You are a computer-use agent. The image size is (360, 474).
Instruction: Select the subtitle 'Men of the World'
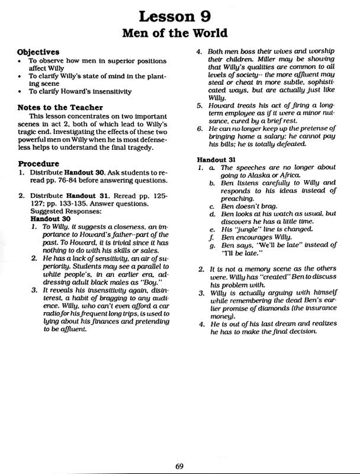pos(179,33)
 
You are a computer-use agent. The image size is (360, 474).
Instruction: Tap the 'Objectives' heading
pos(38,52)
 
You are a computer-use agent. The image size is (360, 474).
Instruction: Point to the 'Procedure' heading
pos(38,163)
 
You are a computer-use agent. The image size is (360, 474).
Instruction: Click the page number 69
pos(179,465)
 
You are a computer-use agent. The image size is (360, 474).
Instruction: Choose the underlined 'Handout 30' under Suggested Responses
pos(50,217)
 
